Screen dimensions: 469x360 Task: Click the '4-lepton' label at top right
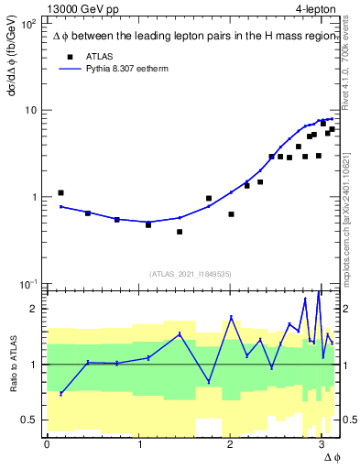[315, 8]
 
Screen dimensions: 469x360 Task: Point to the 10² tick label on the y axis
[27, 25]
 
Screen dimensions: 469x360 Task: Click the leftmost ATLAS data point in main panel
[60, 193]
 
